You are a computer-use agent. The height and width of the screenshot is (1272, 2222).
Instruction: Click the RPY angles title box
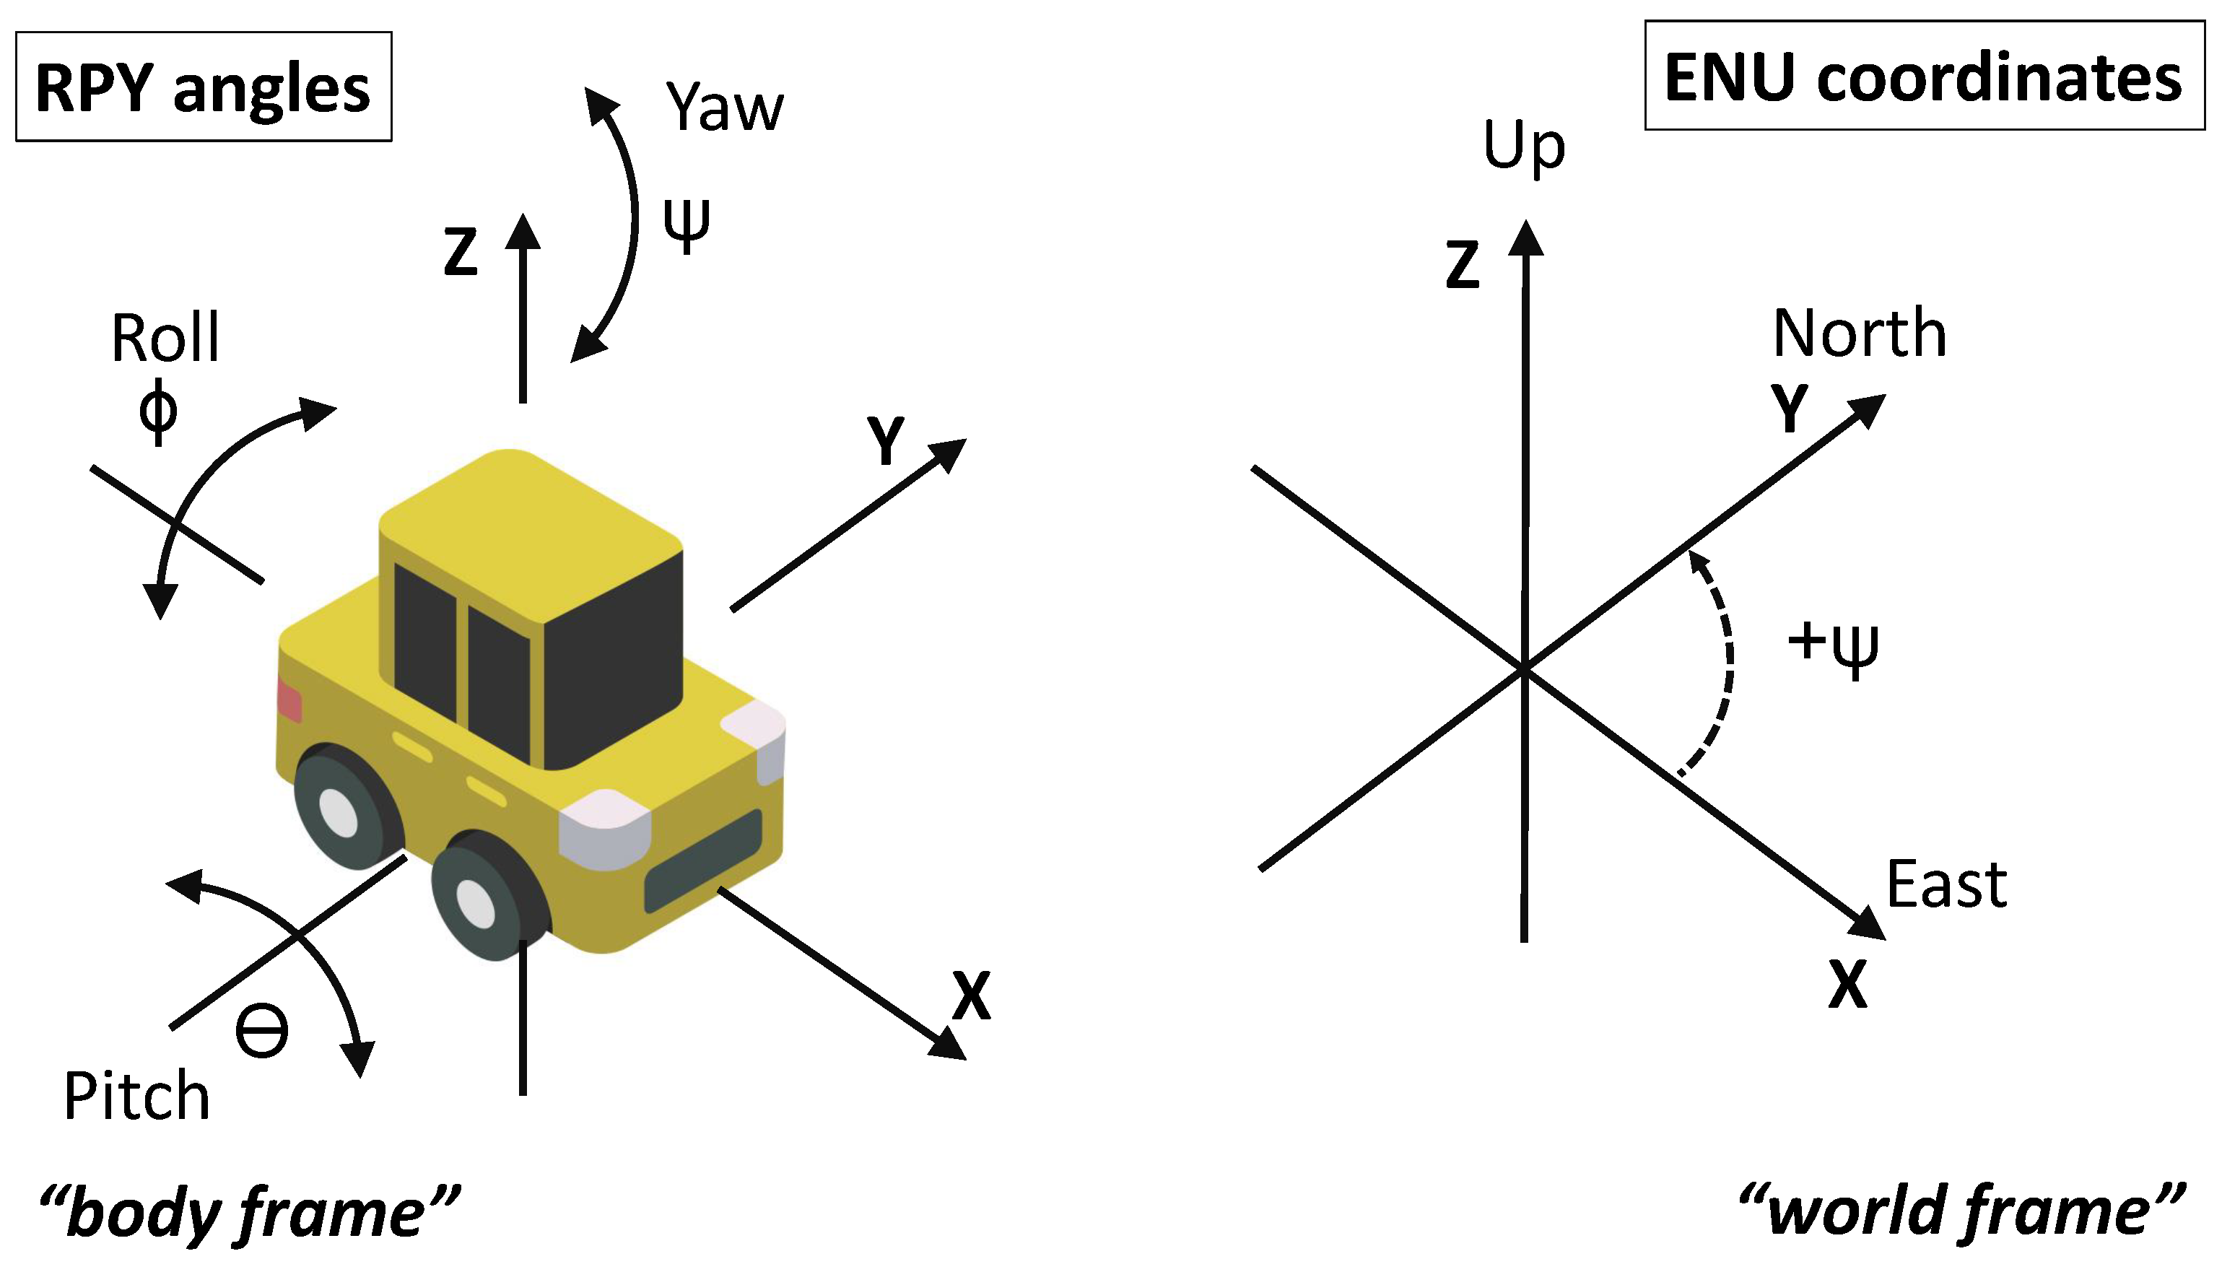pos(204,87)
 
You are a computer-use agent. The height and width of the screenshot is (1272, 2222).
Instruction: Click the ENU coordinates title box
pos(1924,76)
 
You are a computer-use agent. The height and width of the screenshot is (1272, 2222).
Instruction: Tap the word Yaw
pos(724,108)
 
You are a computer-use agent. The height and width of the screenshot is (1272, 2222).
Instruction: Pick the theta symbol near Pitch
pos(262,1032)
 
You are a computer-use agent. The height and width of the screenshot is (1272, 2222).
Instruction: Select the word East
pos(1946,885)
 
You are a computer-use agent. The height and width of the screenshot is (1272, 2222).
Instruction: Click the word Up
pos(1524,145)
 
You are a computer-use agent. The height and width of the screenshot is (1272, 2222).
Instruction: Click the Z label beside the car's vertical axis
pos(461,253)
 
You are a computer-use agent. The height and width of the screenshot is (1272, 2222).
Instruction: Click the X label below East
pos(1847,985)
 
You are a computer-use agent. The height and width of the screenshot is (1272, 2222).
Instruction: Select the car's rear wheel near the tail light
pos(341,808)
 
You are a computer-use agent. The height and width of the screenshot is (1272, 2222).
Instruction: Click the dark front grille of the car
pos(704,859)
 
